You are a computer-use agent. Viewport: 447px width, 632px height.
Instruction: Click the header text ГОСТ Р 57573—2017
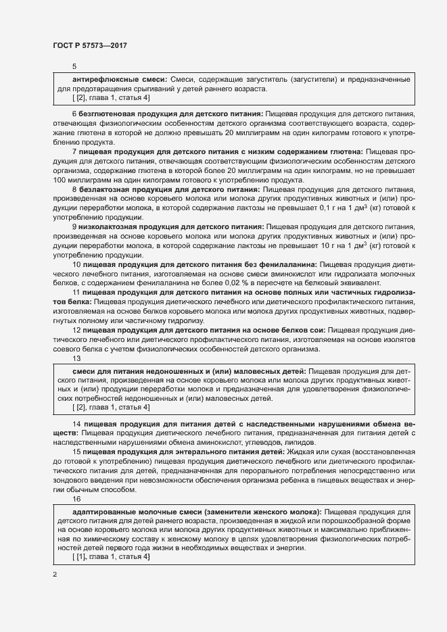coord(90,45)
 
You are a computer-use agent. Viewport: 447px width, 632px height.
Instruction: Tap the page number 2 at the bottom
coord(55,575)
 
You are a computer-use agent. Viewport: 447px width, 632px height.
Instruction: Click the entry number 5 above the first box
coord(74,66)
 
